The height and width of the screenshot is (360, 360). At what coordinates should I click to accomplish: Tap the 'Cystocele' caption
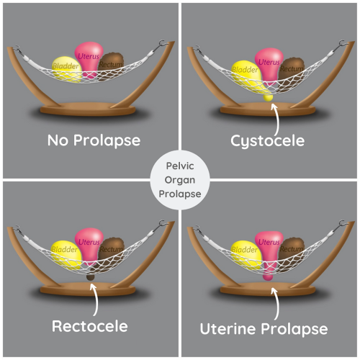267,140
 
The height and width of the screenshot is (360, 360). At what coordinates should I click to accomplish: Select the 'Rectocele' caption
90,325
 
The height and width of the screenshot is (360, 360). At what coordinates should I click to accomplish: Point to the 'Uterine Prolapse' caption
267,328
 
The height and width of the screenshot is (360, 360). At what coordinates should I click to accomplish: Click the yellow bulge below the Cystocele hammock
269,96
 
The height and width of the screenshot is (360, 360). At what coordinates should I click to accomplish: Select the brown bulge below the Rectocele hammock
91,276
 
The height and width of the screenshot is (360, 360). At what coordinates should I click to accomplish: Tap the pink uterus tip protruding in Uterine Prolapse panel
268,274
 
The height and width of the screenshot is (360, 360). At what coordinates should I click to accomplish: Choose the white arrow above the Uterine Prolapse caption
274,299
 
